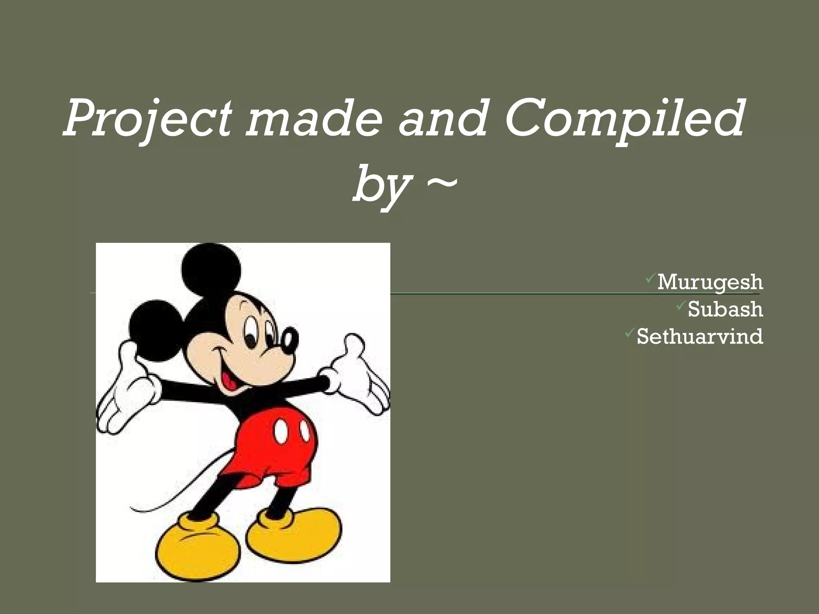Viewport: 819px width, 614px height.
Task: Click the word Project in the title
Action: coord(148,120)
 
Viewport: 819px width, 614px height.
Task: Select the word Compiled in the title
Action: coord(624,120)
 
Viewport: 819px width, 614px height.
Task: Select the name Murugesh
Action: coord(710,282)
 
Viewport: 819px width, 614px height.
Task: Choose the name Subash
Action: coord(725,309)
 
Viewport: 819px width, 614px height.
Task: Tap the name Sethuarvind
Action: coord(700,337)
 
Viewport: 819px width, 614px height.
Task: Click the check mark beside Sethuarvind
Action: coord(629,331)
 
